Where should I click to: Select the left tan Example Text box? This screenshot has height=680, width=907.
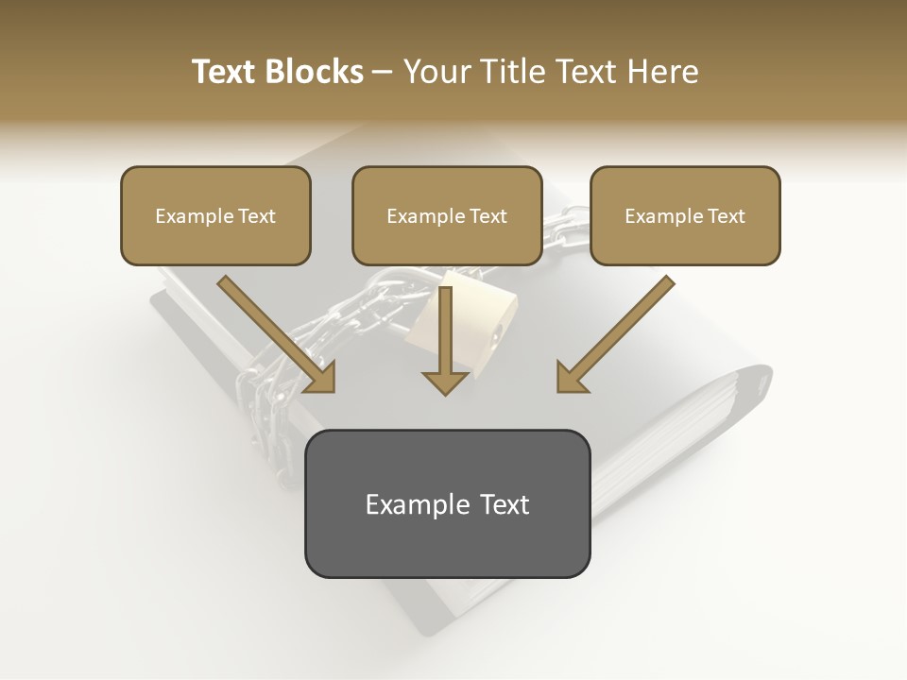pyautogui.click(x=215, y=215)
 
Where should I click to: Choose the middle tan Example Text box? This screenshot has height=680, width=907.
pyautogui.click(x=447, y=215)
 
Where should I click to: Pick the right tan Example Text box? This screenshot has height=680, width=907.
pyautogui.click(x=685, y=215)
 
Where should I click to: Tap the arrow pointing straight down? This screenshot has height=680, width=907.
pyautogui.click(x=445, y=340)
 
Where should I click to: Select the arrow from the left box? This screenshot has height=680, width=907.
pyautogui.click(x=279, y=335)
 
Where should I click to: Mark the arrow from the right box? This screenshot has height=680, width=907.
pyautogui.click(x=614, y=335)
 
